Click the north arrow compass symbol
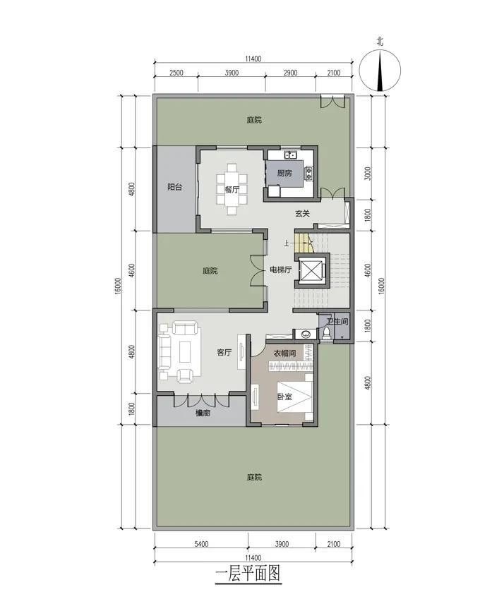(380, 72)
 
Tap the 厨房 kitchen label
(284, 173)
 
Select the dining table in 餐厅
(232, 190)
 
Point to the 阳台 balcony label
(174, 187)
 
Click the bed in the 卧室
(294, 397)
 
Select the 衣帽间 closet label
(284, 353)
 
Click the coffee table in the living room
(185, 352)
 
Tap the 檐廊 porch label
(203, 413)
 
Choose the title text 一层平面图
(248, 573)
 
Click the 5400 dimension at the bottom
(200, 543)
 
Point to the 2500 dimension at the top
(176, 73)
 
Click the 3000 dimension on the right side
(367, 174)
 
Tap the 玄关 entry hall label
(302, 214)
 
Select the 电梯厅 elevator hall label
(281, 270)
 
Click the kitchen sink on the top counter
(291, 155)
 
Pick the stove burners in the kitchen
(309, 173)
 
